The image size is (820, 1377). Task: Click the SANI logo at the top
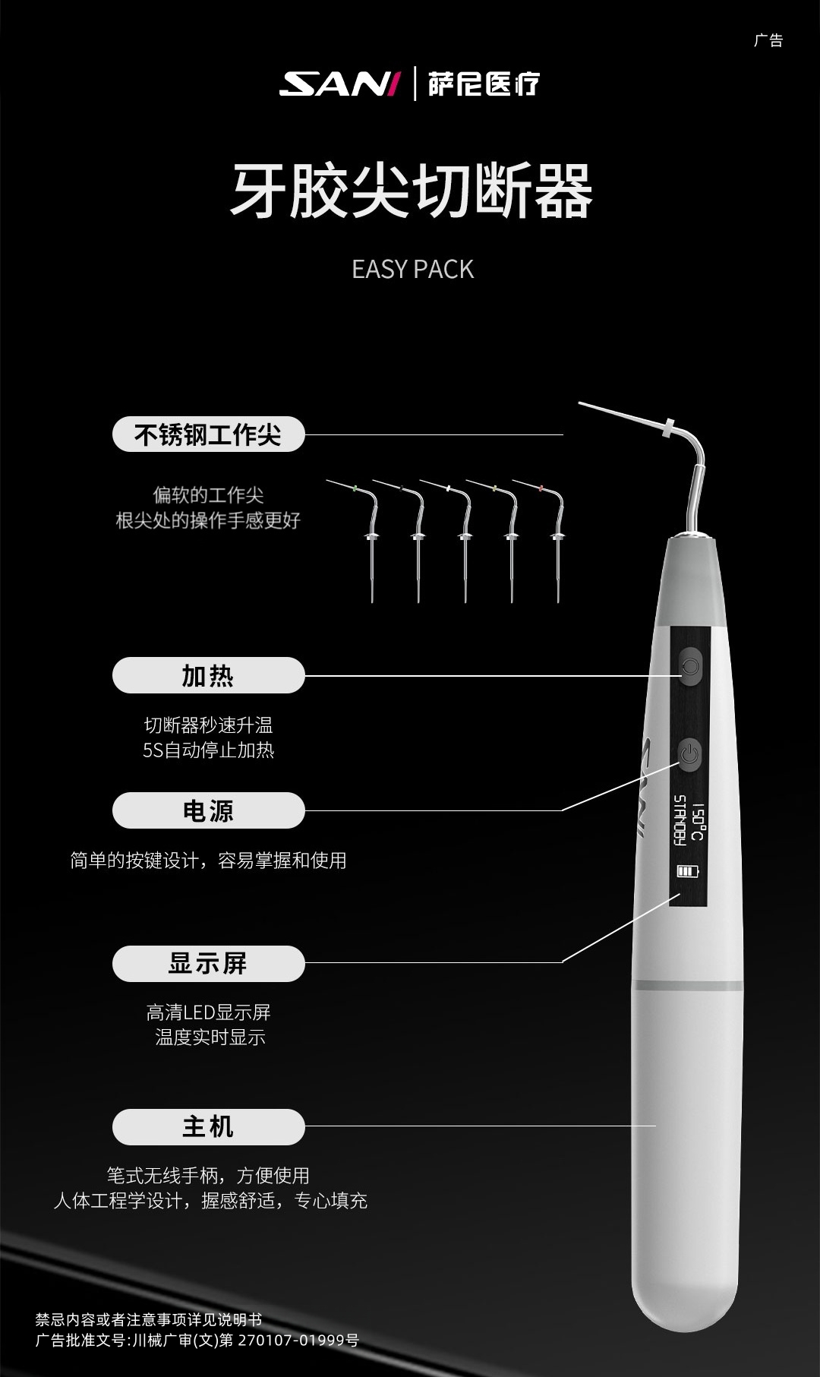(339, 84)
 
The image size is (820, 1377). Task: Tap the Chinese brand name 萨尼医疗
(484, 84)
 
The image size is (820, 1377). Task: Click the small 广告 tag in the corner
(768, 40)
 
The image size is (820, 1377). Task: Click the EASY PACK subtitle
(412, 269)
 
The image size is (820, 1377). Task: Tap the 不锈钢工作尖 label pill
(208, 434)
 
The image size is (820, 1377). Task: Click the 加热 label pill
(208, 675)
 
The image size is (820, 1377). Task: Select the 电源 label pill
(208, 810)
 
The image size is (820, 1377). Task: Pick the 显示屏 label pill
(208, 963)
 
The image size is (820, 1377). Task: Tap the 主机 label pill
(208, 1126)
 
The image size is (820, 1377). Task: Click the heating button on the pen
(689, 666)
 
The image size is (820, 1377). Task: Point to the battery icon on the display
(688, 870)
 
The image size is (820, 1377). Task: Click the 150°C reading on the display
(698, 822)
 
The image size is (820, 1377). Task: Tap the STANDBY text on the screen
(680, 820)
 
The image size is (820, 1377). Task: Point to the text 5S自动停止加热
(208, 750)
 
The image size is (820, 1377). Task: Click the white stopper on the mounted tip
(669, 428)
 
